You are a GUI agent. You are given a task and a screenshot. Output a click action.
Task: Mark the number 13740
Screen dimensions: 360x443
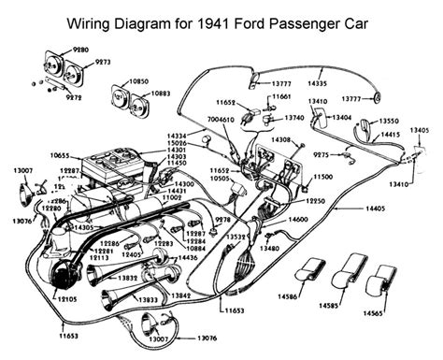294,119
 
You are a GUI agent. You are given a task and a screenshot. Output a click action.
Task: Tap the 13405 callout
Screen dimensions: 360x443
422,129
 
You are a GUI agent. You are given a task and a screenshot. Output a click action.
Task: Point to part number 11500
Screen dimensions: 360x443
323,176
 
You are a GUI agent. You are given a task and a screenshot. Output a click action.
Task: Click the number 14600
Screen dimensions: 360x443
300,217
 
